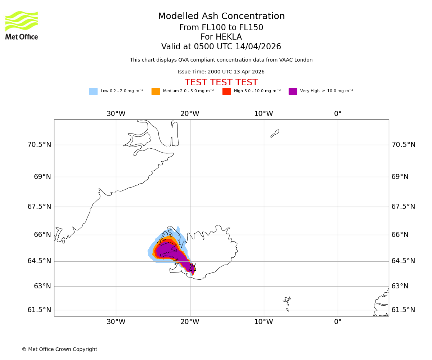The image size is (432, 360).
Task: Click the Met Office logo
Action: [22, 25]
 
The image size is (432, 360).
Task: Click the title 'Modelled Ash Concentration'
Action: [221, 17]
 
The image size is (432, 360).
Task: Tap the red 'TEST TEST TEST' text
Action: [221, 83]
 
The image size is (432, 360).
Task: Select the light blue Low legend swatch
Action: [93, 91]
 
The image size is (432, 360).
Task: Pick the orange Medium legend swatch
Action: [156, 91]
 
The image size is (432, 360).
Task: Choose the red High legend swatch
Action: [226, 91]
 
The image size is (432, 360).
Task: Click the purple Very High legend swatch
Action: [293, 91]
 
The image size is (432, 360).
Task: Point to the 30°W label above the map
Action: [116, 114]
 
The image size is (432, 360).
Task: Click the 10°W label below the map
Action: [264, 322]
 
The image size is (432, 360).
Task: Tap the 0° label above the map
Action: [338, 114]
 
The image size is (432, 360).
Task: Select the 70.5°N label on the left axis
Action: [39, 145]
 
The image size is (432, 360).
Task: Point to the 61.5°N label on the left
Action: [39, 310]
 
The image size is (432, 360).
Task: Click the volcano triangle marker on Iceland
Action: [193, 267]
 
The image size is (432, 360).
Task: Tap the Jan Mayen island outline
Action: [275, 133]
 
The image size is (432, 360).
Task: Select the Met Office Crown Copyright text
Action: [59, 350]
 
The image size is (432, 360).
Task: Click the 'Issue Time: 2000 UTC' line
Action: [221, 72]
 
